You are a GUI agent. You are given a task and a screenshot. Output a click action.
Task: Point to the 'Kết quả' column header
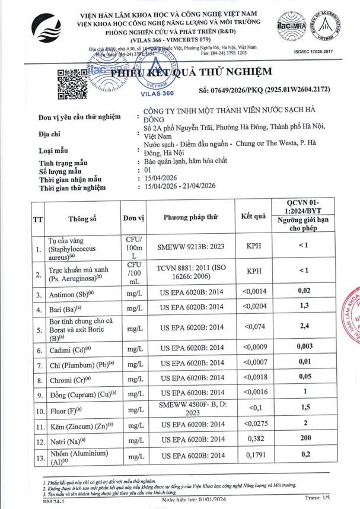(254, 217)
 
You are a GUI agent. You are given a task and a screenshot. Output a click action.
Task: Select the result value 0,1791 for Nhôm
(254, 457)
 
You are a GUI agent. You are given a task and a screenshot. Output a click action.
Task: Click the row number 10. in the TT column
(39, 410)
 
